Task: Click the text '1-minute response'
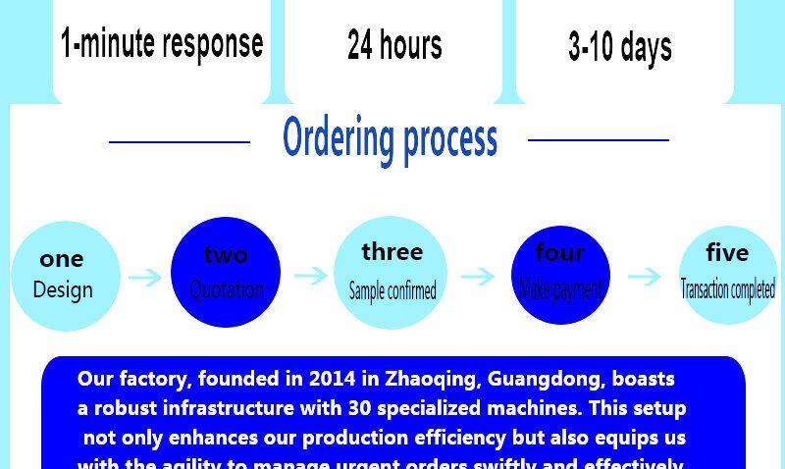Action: tap(162, 43)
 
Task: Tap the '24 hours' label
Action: tap(394, 44)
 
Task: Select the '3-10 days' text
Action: tap(620, 46)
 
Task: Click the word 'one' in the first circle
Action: tap(62, 260)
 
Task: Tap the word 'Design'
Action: tap(63, 290)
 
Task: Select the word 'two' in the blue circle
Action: tap(226, 255)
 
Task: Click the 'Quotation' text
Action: tap(227, 289)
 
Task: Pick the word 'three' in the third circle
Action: tap(392, 252)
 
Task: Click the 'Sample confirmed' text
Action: tap(392, 291)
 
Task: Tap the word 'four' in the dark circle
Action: tap(560, 253)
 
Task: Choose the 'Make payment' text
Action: tap(560, 289)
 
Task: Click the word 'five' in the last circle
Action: tap(727, 253)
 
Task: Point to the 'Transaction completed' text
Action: tap(728, 290)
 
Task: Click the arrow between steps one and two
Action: tap(145, 278)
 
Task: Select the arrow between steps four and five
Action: tap(645, 277)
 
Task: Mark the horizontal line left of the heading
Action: tap(180, 142)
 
